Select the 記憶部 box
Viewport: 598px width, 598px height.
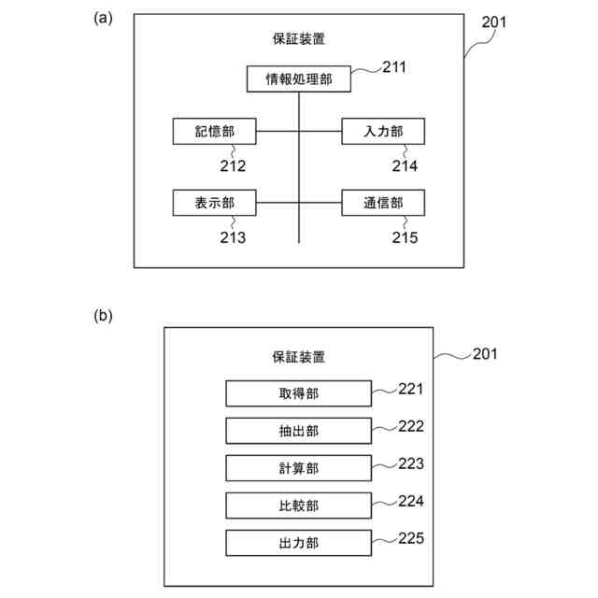[x=214, y=132]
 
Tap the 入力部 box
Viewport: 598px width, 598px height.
[x=383, y=132]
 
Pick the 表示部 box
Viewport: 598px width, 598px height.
[x=214, y=203]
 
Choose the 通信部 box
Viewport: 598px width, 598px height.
[x=383, y=203]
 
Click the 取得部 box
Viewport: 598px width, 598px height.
[x=299, y=393]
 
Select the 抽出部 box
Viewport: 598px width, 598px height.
[x=299, y=431]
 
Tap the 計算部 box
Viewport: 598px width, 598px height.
[x=299, y=468]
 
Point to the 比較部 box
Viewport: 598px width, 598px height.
[x=299, y=505]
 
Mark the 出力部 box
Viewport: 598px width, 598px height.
[x=299, y=543]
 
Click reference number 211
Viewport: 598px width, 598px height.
[x=395, y=66]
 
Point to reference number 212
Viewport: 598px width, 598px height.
[x=233, y=166]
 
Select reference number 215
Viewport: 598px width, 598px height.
[x=406, y=237]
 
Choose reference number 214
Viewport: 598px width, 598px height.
[x=406, y=166]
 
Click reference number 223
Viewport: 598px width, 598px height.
[x=411, y=463]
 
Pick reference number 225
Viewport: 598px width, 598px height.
[x=411, y=538]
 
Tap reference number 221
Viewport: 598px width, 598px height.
[x=411, y=389]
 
